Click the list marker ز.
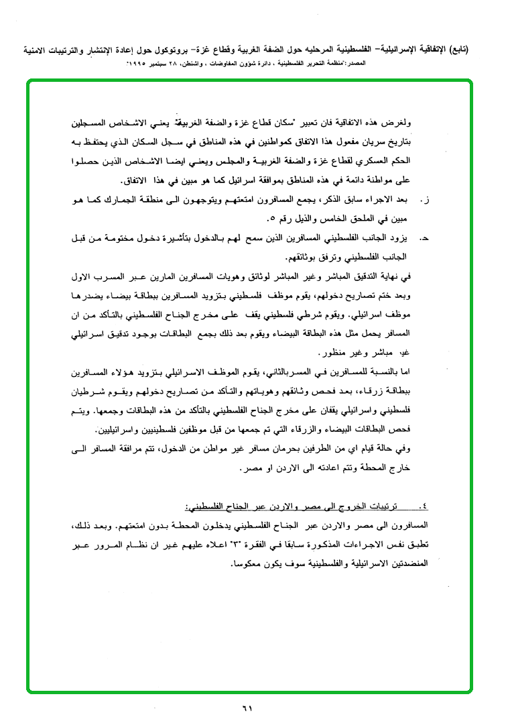click(x=424, y=200)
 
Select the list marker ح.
click(x=424, y=237)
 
